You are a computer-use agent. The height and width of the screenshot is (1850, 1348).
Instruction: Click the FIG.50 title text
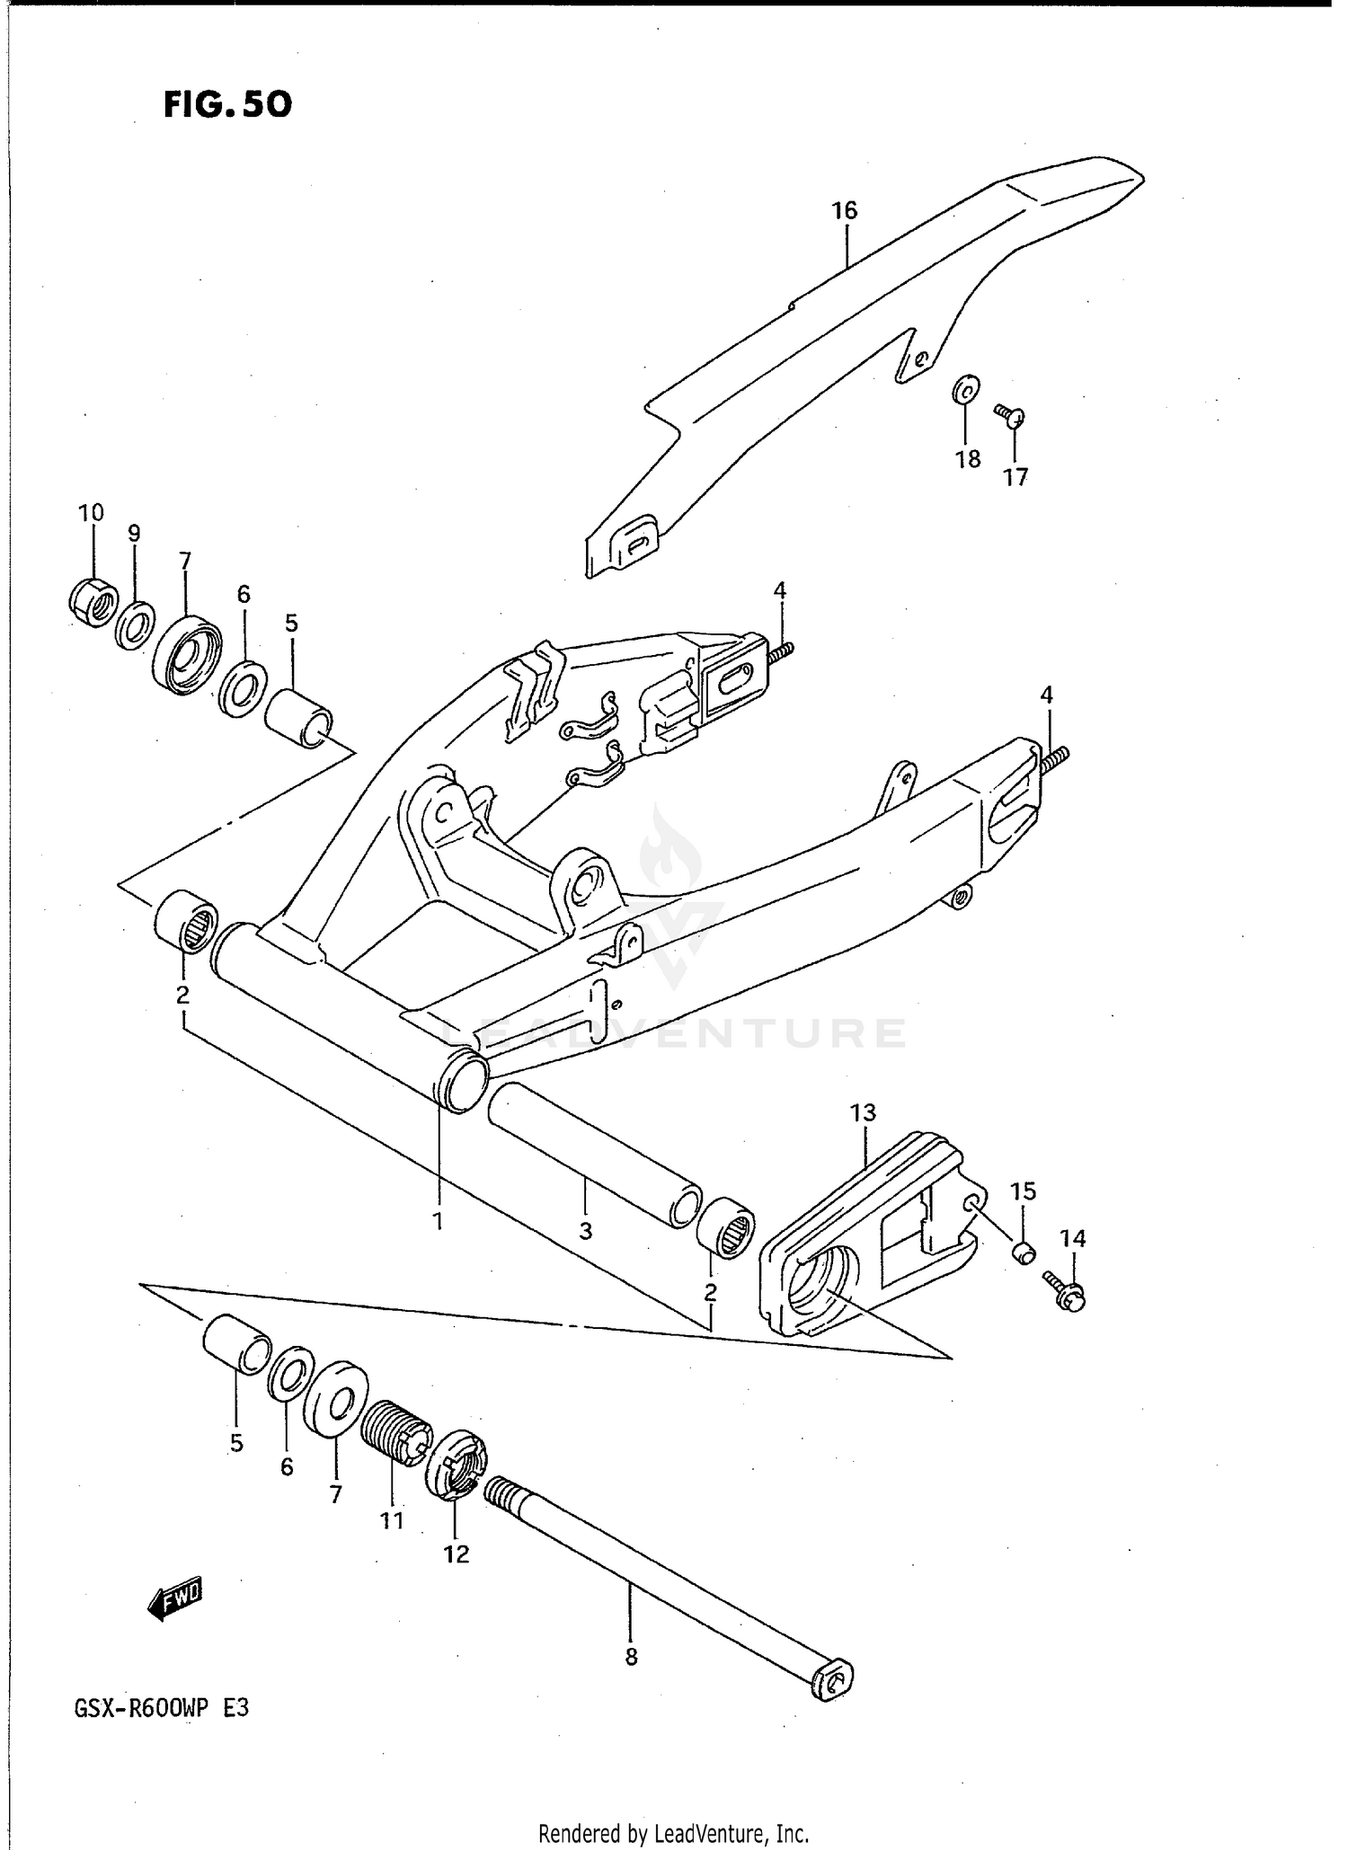coord(227,105)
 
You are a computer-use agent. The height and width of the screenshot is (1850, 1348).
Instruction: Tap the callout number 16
coord(844,210)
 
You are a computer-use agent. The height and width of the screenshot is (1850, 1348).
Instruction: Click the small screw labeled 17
coord(1011,414)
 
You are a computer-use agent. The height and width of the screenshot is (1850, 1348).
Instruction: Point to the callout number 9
coord(134,533)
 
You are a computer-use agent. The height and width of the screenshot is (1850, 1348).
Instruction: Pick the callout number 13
coord(862,1112)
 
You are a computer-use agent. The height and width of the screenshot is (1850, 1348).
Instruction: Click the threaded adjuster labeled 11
coord(396,1435)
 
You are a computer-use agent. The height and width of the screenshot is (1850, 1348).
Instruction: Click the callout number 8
coord(631,1657)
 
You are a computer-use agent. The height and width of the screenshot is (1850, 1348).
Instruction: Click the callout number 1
coord(439,1221)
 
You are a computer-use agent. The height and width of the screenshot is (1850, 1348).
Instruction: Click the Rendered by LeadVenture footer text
coord(673,1833)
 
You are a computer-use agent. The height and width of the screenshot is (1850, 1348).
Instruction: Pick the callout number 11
coord(391,1520)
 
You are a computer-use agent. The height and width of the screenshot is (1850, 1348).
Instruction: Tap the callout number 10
coord(91,512)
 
